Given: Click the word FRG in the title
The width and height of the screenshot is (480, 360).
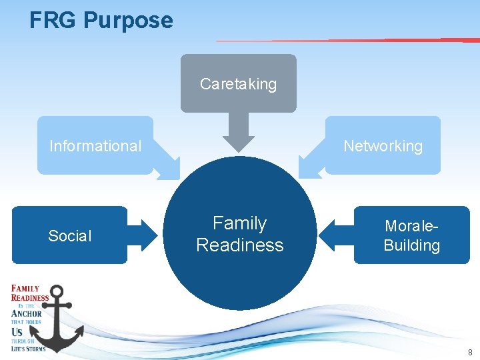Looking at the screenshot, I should (53, 20).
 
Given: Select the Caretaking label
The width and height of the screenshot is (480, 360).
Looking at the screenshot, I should (238, 84).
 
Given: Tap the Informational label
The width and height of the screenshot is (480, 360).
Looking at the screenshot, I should (95, 146).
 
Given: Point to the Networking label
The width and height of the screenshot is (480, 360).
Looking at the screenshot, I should (383, 146).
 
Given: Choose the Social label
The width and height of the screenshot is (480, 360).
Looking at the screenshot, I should (70, 236).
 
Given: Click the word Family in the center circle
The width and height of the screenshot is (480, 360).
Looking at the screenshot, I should (239, 223).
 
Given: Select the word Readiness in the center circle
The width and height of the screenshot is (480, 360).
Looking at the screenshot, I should (239, 245).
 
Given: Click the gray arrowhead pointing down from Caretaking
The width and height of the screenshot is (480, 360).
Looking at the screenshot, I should (239, 140).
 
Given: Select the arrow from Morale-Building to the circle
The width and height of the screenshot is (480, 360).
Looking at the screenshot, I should (333, 235).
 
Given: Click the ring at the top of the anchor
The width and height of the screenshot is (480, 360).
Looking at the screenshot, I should (57, 291).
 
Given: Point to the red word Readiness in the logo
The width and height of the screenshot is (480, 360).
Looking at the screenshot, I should (30, 298).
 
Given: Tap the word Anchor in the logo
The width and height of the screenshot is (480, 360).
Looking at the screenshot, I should (27, 313).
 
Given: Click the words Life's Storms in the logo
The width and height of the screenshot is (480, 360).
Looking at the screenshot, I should (29, 348).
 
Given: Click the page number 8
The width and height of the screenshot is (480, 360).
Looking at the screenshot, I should (470, 352).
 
